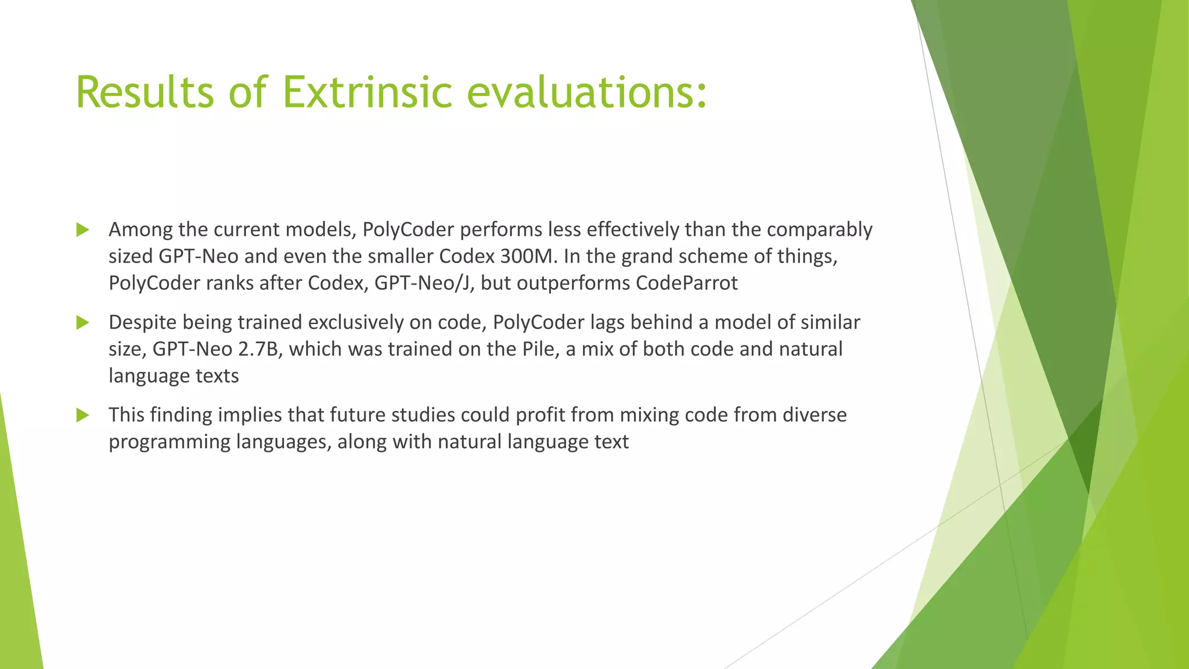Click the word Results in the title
pyautogui.click(x=144, y=92)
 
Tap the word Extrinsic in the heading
pyautogui.click(x=367, y=92)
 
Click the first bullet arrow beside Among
pyautogui.click(x=82, y=230)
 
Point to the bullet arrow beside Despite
pyautogui.click(x=82, y=322)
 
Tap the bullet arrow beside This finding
pyautogui.click(x=82, y=415)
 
